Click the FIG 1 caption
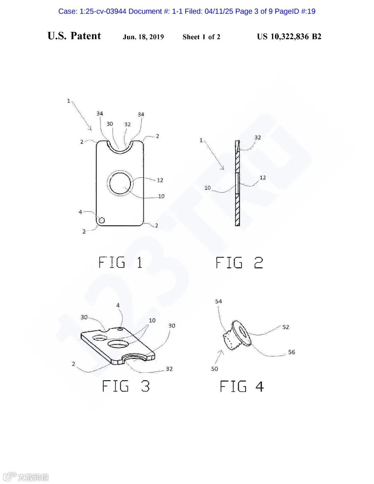120,263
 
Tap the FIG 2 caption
239,263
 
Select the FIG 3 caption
126,386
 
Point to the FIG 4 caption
242,386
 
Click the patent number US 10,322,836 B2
289,37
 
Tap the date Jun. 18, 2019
143,37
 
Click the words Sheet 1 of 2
201,37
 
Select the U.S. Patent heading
74,36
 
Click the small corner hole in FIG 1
102,220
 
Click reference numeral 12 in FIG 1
160,180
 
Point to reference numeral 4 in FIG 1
80,212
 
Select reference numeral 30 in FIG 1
110,124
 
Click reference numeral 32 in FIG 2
258,138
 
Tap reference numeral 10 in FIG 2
207,188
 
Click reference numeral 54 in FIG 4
219,301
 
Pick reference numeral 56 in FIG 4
292,352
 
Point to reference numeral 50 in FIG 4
215,369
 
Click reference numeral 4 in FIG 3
118,305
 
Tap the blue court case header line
187,11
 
